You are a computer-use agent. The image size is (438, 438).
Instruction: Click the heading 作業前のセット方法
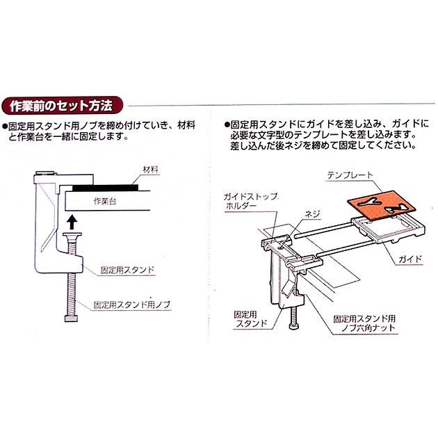tap(62, 106)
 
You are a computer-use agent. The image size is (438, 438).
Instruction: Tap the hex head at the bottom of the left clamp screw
tap(71, 319)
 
